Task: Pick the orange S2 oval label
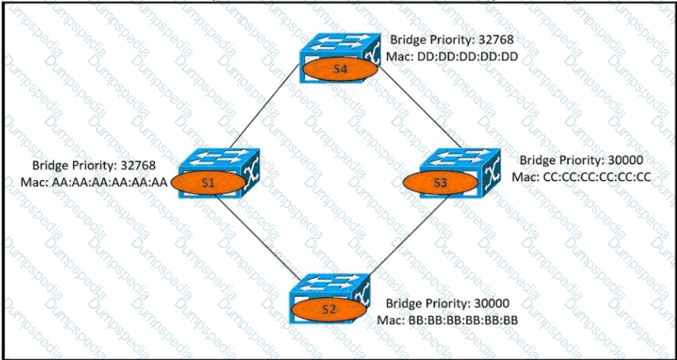[x=327, y=308]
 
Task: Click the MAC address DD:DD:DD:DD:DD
[x=454, y=55]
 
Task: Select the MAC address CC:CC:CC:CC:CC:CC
[x=581, y=178]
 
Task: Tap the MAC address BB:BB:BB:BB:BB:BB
[x=448, y=319]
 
